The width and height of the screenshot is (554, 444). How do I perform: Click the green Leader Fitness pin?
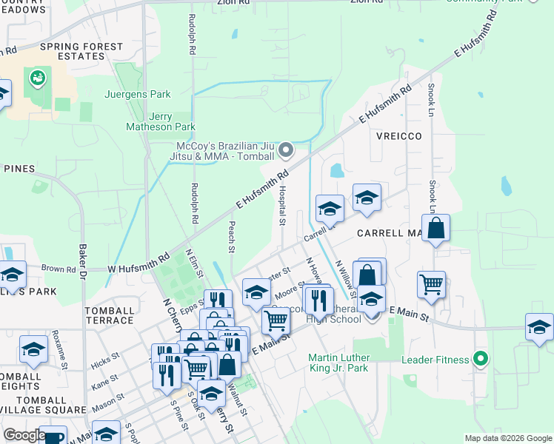[481, 360]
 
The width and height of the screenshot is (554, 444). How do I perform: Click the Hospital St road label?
[282, 206]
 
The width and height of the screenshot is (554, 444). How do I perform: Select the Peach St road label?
[232, 237]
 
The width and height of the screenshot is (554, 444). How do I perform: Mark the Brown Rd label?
[59, 269]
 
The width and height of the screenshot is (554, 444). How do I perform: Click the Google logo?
[24, 435]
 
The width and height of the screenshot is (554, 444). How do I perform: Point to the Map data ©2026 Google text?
[507, 438]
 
